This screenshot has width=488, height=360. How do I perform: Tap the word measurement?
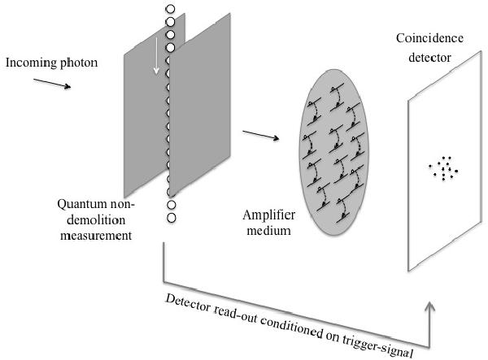pyautogui.click(x=93, y=235)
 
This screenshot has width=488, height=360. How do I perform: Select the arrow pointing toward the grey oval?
pyautogui.click(x=261, y=133)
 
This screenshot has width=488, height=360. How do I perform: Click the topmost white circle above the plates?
pyautogui.click(x=170, y=11)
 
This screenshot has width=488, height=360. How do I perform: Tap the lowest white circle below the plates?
pyautogui.click(x=172, y=218)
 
